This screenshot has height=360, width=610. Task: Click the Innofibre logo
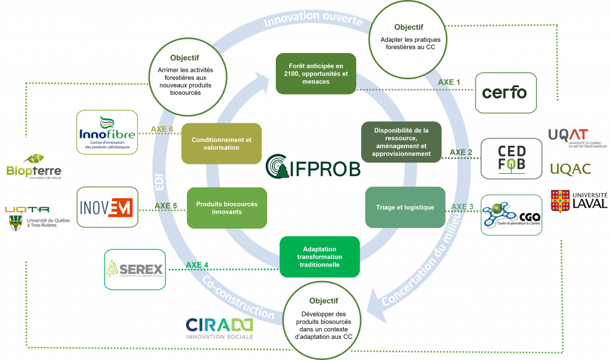click(107, 133)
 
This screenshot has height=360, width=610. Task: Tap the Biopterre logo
click(36, 167)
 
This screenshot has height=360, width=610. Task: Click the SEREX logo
click(134, 269)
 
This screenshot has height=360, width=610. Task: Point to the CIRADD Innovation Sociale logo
click(220, 328)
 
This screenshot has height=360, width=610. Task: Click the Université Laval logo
click(579, 201)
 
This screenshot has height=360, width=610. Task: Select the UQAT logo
click(569, 137)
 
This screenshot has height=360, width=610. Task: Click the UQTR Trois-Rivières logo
click(38, 219)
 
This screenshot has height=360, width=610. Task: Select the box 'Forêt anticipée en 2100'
click(316, 73)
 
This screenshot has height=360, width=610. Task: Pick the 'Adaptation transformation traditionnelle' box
click(319, 256)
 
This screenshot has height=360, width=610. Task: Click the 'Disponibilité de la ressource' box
click(401, 142)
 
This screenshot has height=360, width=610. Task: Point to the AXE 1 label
click(449, 82)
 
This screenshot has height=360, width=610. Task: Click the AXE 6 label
click(162, 130)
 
